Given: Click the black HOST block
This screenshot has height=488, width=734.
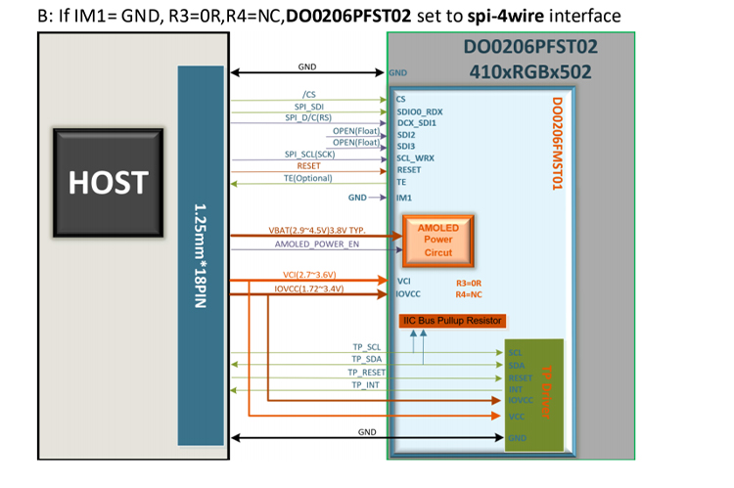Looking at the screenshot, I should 108,182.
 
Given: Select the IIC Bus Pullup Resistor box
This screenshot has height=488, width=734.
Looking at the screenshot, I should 452,320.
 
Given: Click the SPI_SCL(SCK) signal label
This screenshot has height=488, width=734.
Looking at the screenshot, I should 309,155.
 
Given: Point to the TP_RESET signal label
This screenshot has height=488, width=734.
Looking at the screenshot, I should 367,373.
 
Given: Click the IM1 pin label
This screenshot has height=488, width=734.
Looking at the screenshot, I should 403,198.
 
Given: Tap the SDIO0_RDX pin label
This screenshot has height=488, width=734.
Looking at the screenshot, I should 420,111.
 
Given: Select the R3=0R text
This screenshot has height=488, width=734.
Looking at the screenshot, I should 469,282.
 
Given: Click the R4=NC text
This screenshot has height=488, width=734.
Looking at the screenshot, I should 469,293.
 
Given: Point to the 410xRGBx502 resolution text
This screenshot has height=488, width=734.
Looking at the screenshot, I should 529,70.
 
